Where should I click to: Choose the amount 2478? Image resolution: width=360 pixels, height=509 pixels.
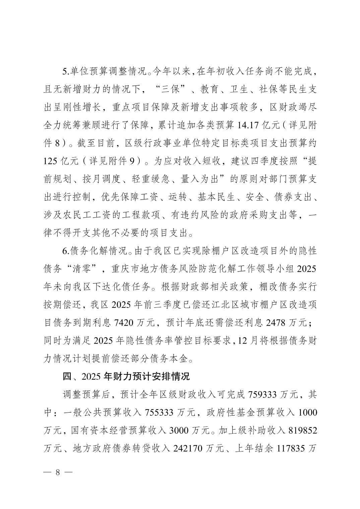coord(276,323)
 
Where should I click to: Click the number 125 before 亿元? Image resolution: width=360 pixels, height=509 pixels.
coord(51,161)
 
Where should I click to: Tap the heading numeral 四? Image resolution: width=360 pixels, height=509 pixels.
coord(67,376)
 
